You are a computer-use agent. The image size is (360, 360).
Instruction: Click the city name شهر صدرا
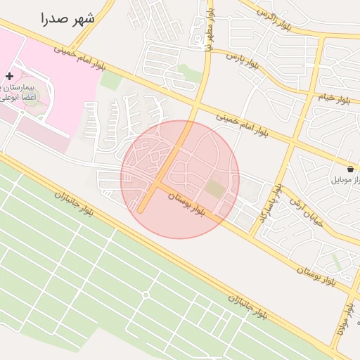click(67, 18)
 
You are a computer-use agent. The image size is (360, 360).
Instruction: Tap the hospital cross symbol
click(9, 75)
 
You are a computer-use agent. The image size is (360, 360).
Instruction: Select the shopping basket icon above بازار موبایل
click(350, 169)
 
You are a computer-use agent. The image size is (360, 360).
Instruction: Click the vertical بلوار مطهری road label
click(208, 32)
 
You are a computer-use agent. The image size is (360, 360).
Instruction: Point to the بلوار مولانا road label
click(344, 320)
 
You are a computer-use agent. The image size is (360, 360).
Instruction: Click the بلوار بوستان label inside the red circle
click(189, 205)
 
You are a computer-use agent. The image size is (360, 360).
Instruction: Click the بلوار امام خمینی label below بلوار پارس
click(243, 123)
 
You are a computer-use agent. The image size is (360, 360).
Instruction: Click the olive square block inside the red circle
click(214, 188)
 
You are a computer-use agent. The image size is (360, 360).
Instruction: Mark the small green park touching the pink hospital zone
click(110, 79)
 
